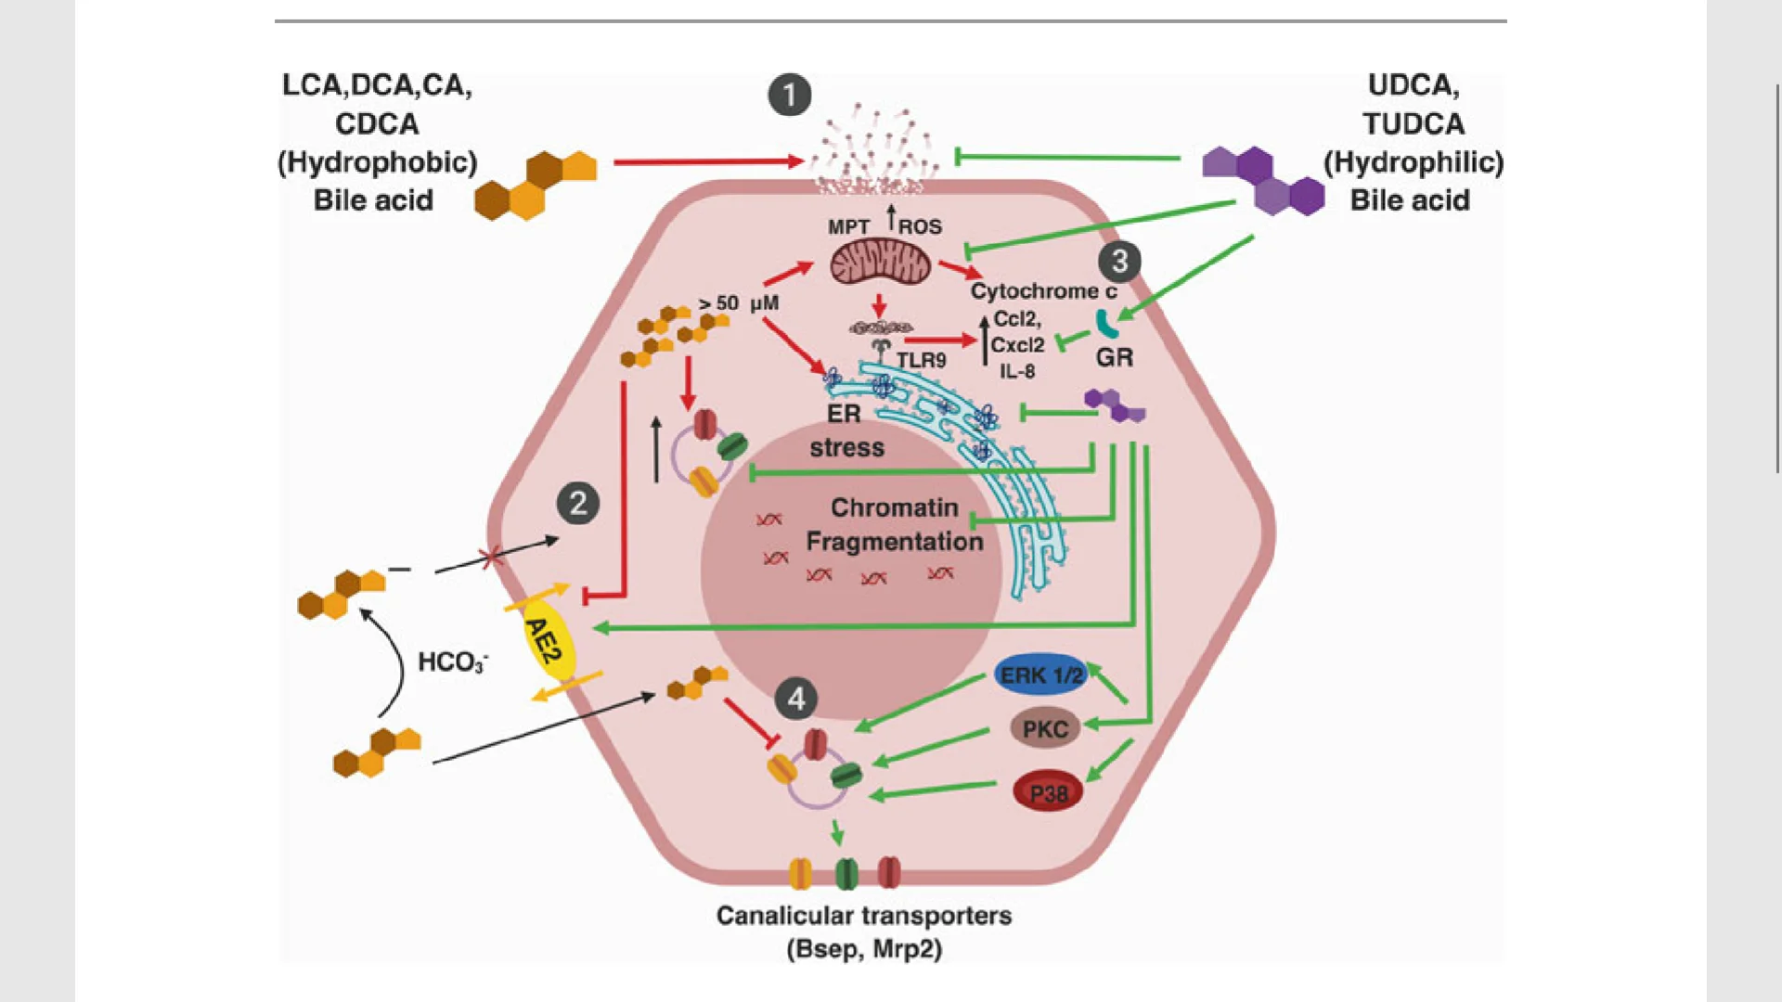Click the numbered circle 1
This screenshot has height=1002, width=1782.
coord(790,95)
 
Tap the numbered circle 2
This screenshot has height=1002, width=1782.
coord(578,504)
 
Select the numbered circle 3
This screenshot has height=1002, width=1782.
coord(1119,262)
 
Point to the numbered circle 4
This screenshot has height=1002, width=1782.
coord(796,700)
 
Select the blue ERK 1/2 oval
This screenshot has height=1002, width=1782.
coord(1041,675)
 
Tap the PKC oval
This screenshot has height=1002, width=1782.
coord(1045,729)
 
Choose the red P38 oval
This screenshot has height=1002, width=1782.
coord(1048,793)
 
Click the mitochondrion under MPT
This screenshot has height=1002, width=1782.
coord(879,262)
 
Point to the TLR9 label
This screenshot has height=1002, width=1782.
coord(921,360)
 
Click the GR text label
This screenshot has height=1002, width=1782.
coord(1115,357)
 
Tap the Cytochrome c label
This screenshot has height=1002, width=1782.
coord(1043,291)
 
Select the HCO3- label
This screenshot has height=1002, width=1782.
coord(453,662)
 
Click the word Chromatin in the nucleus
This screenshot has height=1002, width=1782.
coord(894,507)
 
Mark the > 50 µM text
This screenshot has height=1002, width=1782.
coord(739,303)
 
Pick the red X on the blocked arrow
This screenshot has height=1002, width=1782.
coord(491,559)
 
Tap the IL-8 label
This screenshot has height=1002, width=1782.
coord(1017,371)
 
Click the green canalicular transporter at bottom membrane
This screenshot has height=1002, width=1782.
coord(846,873)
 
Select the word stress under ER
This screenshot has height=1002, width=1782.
coord(846,448)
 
